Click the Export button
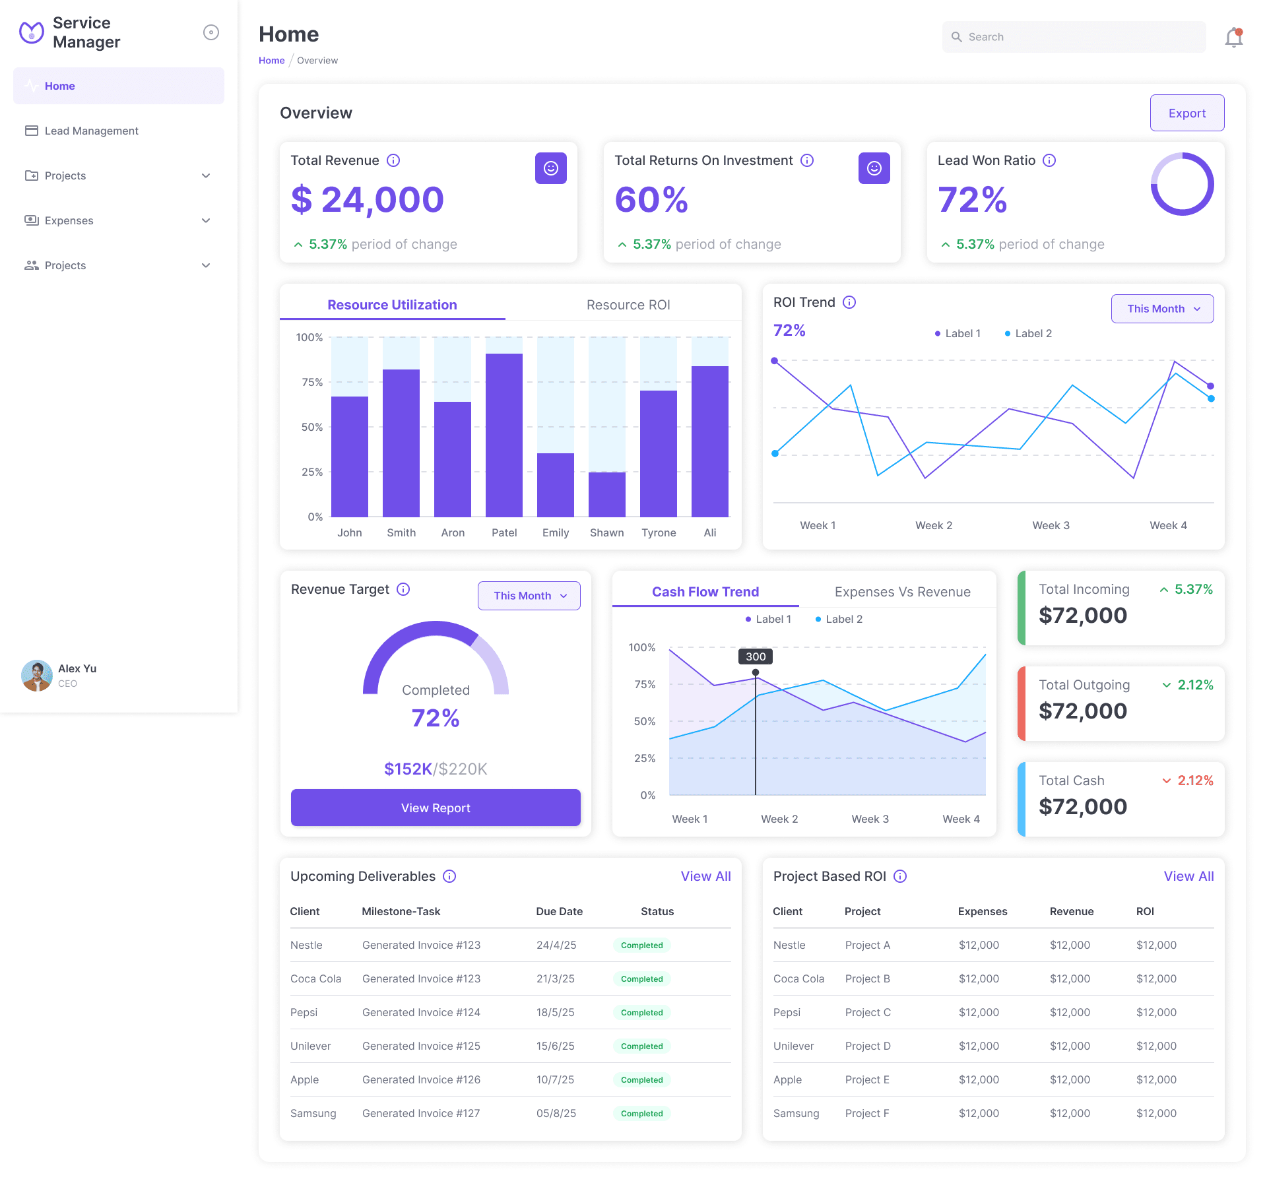click(1186, 113)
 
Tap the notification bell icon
click(1233, 38)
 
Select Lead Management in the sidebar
click(91, 131)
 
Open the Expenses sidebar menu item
click(69, 220)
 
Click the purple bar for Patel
click(504, 435)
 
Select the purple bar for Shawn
click(606, 494)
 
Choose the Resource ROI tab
click(628, 305)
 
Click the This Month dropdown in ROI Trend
click(1161, 309)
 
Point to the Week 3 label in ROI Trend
click(1051, 525)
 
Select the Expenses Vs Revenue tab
click(902, 592)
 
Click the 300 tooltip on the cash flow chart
click(756, 656)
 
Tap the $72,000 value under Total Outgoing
click(1082, 711)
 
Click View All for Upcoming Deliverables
click(705, 876)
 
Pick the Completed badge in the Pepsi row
click(641, 1012)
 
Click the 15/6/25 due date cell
click(555, 1046)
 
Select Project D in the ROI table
click(867, 1046)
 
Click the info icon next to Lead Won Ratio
click(1049, 160)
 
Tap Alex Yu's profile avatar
click(37, 675)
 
